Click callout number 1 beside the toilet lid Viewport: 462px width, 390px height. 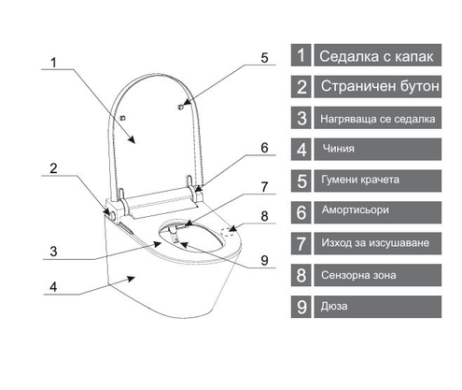pos(53,63)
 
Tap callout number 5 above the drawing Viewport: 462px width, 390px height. pos(264,58)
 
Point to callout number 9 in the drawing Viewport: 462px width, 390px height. pos(264,261)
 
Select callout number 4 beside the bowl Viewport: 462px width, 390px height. pos(53,287)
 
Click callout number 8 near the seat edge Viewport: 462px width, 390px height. pos(264,216)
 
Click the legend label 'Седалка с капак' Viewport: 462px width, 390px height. pos(376,56)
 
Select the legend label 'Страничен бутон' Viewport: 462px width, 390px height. pos(380,86)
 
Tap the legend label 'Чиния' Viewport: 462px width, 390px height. pos(339,149)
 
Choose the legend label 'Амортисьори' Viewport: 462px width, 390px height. pos(356,210)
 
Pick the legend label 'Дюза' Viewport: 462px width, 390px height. pos(334,306)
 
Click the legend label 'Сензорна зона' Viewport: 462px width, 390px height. pos(358,275)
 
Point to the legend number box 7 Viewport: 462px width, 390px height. pos(301,243)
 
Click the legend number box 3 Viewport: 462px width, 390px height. pos(301,118)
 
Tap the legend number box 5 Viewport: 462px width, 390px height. pos(301,181)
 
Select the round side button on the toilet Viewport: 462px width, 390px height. pos(112,215)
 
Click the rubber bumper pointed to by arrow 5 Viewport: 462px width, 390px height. pos(180,107)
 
